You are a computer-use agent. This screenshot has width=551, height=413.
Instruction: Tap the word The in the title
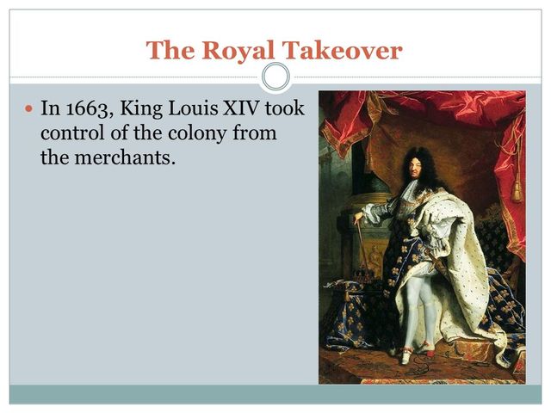(x=169, y=51)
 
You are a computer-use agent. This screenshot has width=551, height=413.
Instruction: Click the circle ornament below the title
(x=275, y=77)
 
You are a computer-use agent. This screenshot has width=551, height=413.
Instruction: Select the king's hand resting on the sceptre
(x=358, y=218)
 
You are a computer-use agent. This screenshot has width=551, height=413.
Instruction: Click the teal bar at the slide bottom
(x=275, y=393)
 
